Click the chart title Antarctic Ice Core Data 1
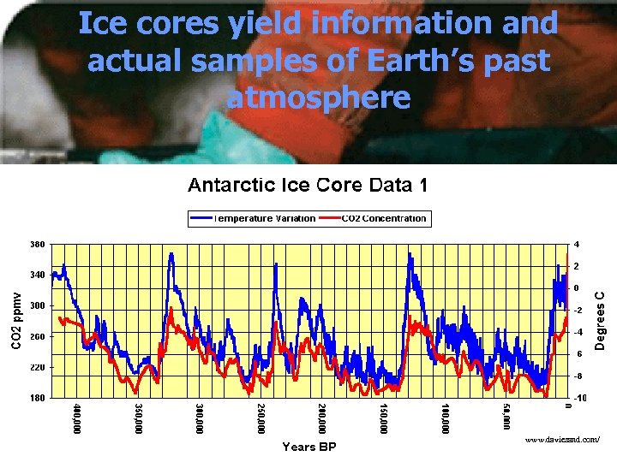point(308,186)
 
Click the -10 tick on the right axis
point(580,399)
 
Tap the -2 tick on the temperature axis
point(578,310)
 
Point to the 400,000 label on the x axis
point(77,418)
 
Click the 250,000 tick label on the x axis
point(261,418)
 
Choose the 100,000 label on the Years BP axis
point(445,418)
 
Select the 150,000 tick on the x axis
point(384,418)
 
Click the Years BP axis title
point(309,447)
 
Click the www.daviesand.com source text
point(564,439)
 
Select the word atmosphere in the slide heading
point(318,97)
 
